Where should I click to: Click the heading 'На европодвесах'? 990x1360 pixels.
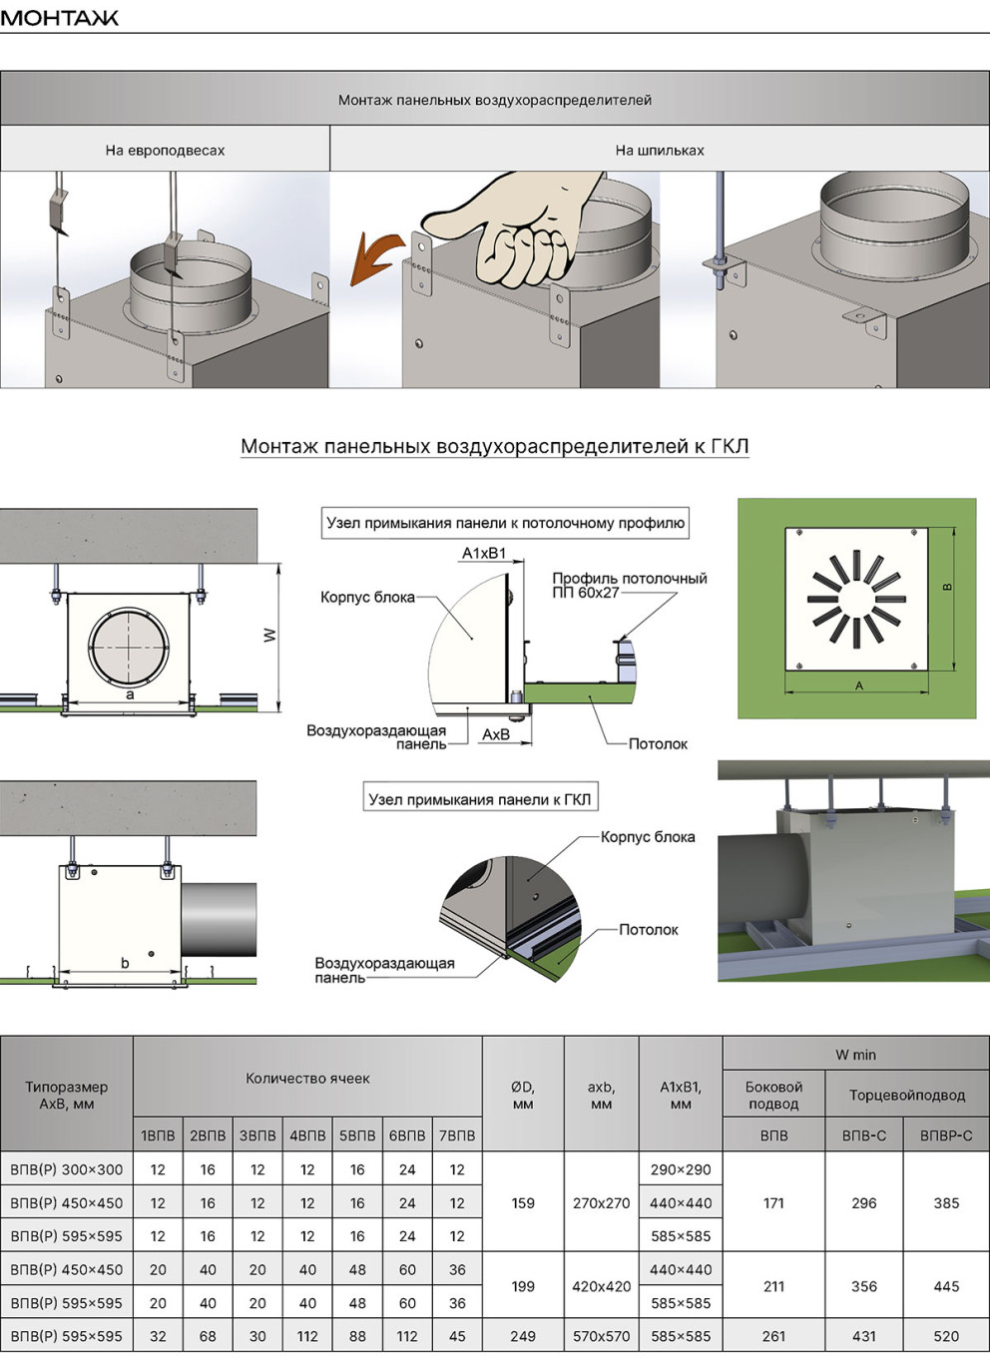165,150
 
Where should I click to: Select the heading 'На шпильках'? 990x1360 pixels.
660,150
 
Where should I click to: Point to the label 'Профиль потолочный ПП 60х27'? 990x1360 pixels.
630,585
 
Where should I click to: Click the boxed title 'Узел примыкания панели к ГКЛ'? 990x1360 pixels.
480,799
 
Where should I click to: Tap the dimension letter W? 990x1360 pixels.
270,636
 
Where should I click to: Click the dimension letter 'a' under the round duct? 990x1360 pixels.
130,693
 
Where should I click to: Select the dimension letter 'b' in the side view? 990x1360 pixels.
125,962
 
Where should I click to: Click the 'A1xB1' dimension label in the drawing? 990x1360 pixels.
483,553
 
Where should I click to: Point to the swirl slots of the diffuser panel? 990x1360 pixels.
856,599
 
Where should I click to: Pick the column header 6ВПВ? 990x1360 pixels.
407,1135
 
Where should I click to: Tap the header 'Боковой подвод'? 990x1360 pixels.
773,1095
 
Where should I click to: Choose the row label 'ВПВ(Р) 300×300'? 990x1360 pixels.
67,1168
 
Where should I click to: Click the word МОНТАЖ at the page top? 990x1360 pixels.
60,18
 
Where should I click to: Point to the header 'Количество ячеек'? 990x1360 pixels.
307,1079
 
